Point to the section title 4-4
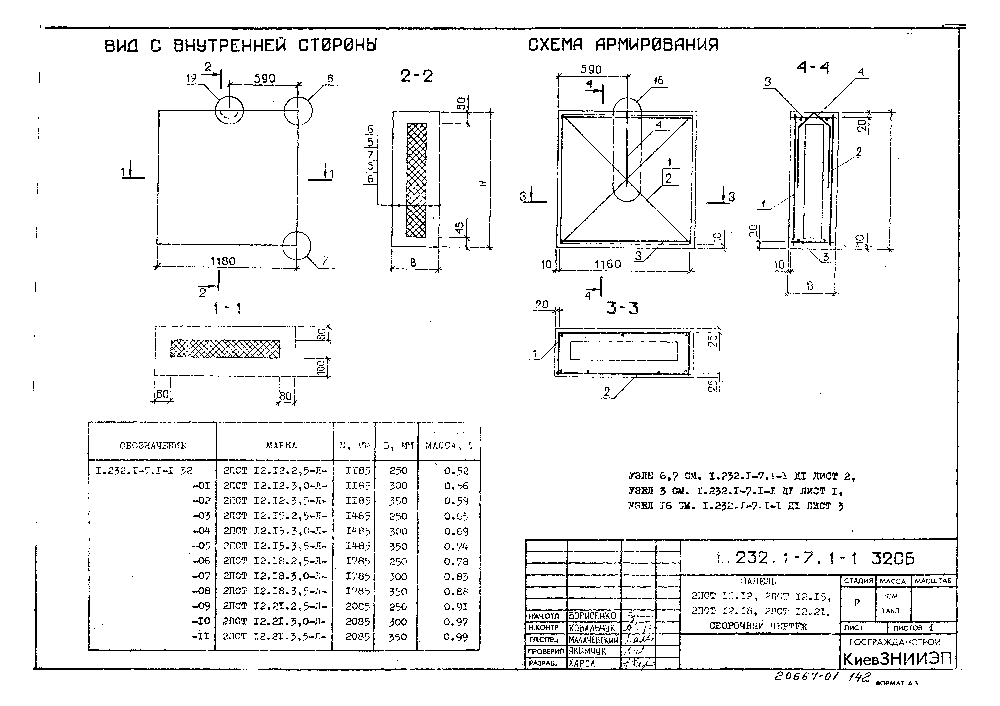point(813,68)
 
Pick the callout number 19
point(192,78)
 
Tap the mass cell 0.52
point(456,471)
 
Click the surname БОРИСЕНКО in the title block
point(592,616)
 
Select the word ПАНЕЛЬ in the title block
point(758,581)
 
